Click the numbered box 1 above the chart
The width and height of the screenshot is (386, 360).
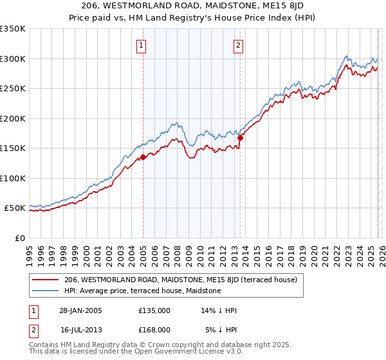click(140, 45)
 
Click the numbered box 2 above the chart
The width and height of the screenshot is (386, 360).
click(238, 45)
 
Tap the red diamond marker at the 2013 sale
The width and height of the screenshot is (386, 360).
click(240, 138)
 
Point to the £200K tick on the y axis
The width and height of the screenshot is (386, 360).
click(12, 118)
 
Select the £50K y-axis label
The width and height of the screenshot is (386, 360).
click(15, 208)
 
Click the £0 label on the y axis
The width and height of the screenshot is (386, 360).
click(19, 238)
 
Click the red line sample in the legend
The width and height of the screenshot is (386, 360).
click(46, 280)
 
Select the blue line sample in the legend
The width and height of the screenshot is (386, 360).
click(46, 291)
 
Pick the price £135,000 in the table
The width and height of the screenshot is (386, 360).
click(154, 310)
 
